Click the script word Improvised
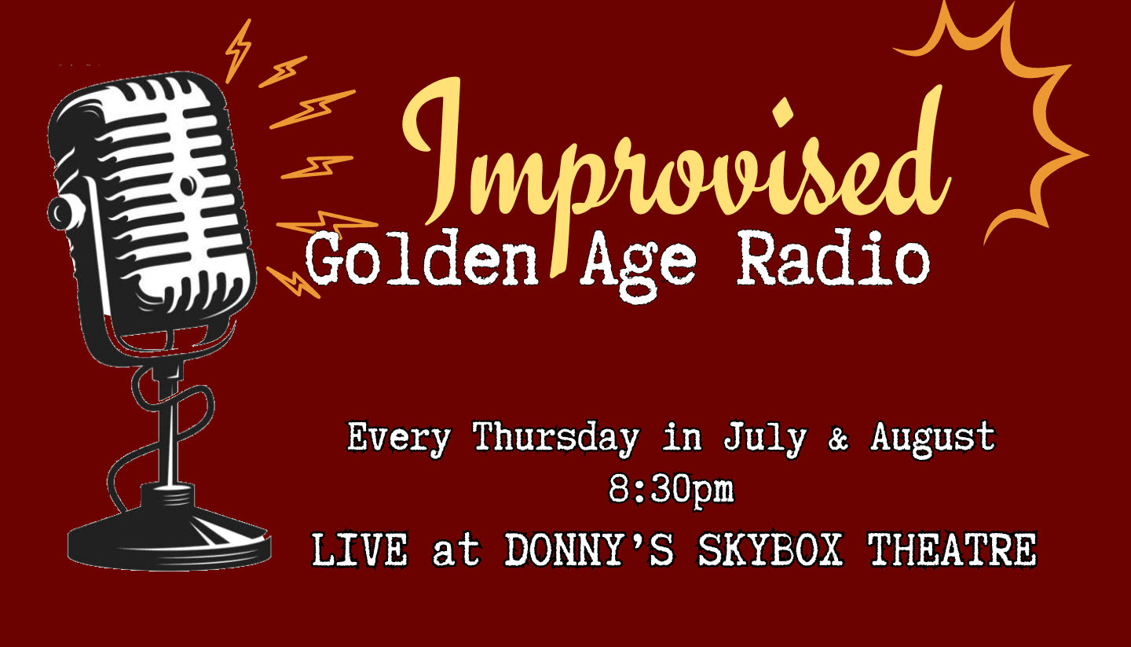(676, 167)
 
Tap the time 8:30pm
(671, 489)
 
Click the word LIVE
(360, 550)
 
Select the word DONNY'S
(589, 550)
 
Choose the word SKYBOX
(770, 550)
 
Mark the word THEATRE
(952, 550)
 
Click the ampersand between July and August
(838, 439)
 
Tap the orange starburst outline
(1071, 152)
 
